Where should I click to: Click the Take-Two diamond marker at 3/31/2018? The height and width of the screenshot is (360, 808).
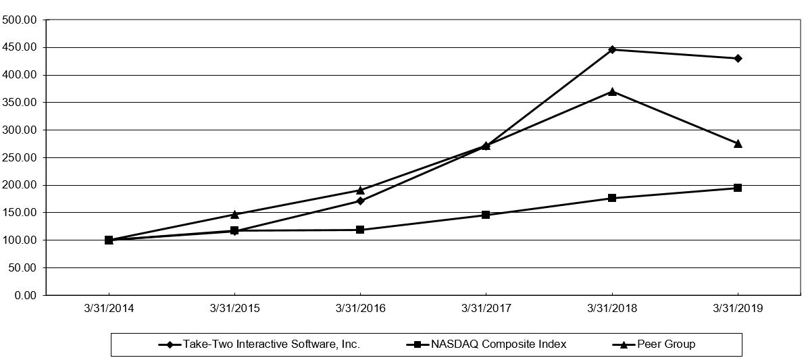(612, 49)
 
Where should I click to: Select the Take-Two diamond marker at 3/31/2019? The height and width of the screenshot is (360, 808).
(738, 58)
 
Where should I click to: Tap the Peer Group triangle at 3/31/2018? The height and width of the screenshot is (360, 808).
(612, 91)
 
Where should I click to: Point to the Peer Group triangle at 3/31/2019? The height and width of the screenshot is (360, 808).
(738, 143)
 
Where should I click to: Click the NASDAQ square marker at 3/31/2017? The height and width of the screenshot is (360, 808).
(486, 215)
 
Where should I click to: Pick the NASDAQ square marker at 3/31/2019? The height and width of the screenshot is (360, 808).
(738, 188)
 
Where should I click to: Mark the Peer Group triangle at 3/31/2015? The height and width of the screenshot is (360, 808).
(234, 214)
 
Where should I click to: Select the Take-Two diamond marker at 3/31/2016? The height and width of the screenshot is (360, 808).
(360, 201)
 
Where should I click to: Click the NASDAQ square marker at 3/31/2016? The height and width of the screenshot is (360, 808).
(360, 230)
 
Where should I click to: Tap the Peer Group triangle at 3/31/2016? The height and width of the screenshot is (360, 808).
(360, 190)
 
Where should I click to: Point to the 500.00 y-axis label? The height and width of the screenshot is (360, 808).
(20, 20)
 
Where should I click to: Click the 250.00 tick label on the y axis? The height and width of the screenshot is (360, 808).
(20, 157)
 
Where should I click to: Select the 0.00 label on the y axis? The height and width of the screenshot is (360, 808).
(25, 295)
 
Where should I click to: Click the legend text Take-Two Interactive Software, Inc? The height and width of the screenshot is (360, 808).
(271, 344)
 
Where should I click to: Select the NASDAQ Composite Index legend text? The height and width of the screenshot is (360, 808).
(499, 344)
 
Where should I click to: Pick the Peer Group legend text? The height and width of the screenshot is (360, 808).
(666, 344)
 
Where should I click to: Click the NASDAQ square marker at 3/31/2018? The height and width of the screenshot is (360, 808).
(612, 198)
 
